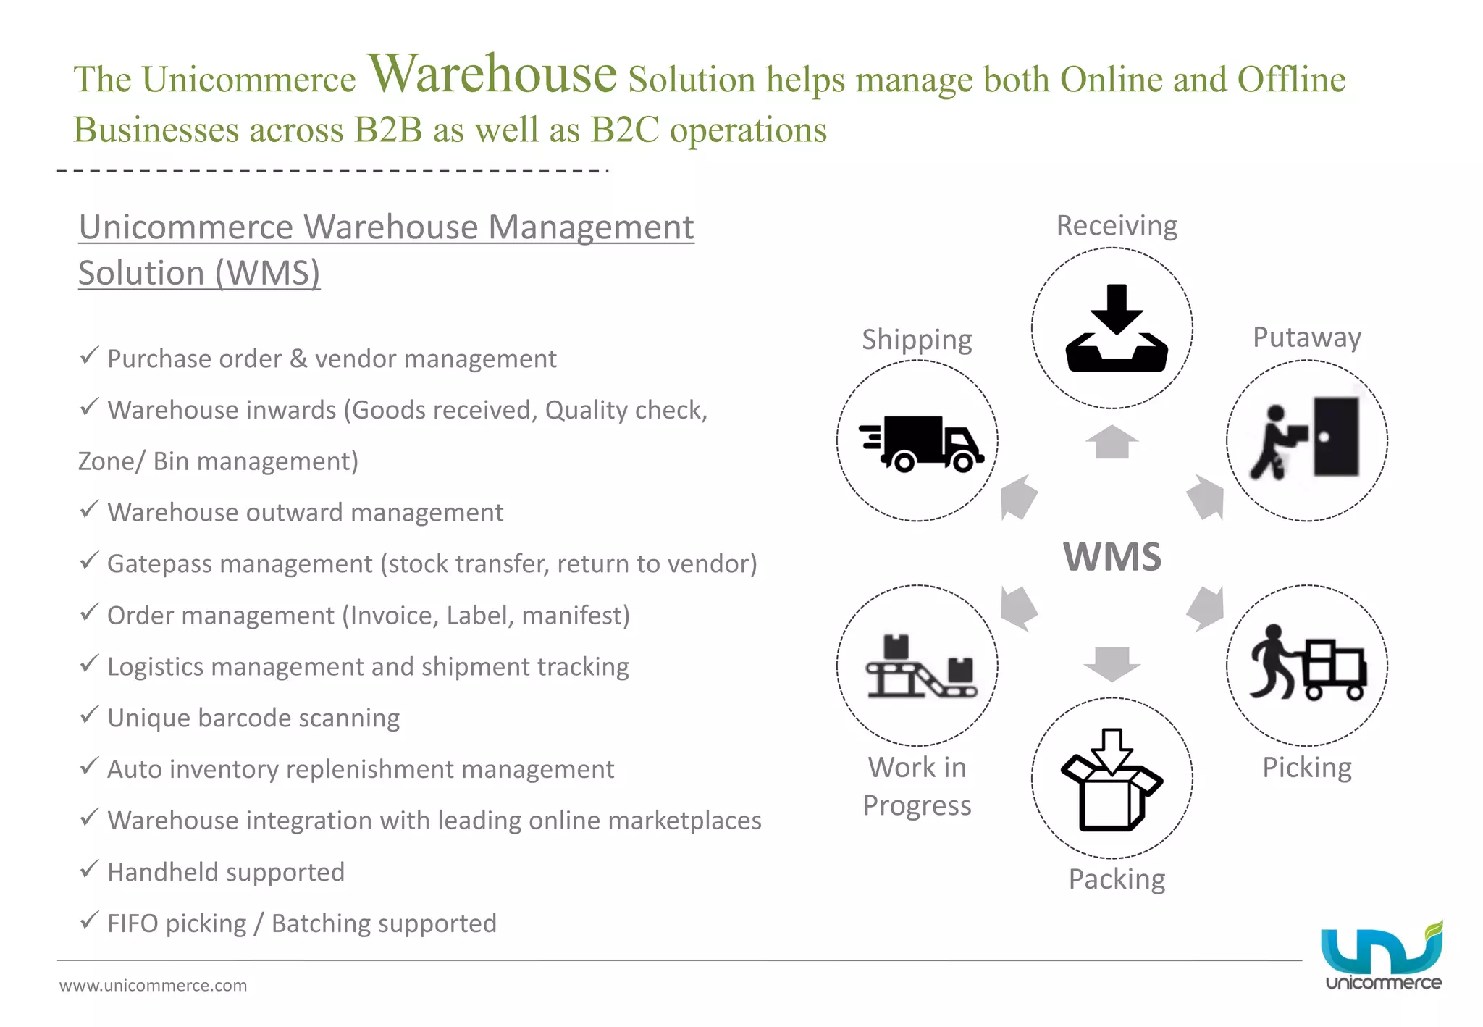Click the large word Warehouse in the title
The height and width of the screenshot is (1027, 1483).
point(492,75)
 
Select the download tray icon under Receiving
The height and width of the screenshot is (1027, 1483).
point(1116,329)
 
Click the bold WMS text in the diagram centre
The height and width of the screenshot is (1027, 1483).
point(1112,557)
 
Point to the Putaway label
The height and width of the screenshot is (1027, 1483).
point(1306,338)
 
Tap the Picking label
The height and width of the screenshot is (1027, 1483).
point(1306,767)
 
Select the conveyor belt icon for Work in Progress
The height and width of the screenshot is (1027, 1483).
point(920,667)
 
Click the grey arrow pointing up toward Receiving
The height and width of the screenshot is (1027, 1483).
point(1112,442)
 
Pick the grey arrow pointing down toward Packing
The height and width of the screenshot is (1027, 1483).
point(1112,663)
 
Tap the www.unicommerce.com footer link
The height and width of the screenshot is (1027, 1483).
point(153,985)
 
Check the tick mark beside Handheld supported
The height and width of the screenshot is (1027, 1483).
point(89,869)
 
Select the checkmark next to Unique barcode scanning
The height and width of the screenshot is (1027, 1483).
point(89,716)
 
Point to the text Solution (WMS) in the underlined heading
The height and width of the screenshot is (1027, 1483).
point(199,273)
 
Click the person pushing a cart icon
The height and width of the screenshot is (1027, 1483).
point(1307,663)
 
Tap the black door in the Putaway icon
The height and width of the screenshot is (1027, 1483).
point(1336,437)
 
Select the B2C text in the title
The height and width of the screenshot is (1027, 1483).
point(624,130)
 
